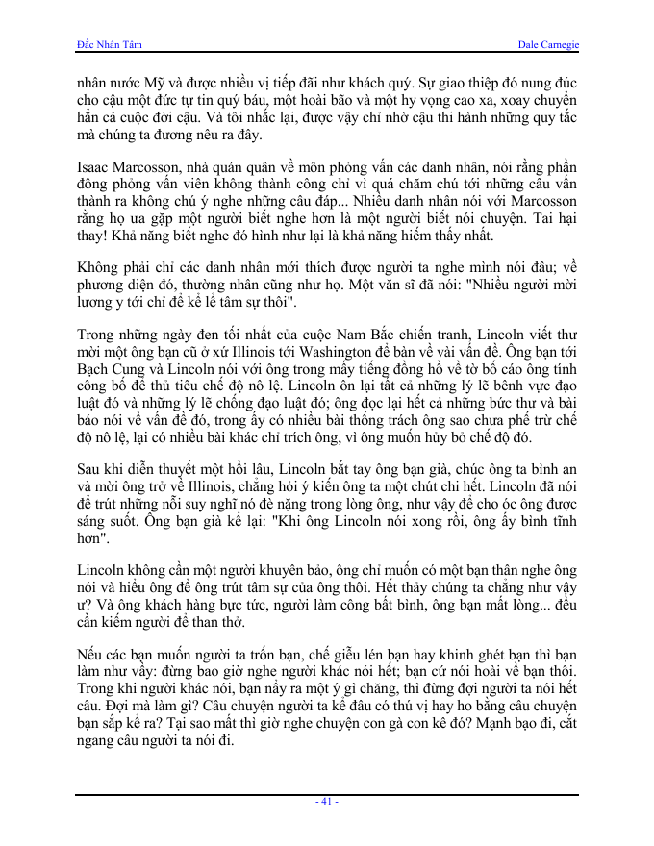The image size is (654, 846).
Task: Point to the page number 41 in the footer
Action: (x=327, y=801)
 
